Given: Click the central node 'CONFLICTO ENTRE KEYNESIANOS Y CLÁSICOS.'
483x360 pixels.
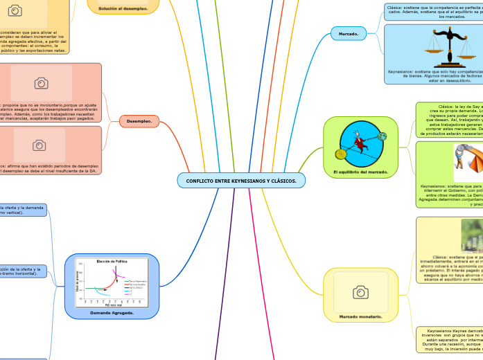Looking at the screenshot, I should [241, 181].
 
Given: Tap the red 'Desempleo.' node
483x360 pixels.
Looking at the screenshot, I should [140, 121].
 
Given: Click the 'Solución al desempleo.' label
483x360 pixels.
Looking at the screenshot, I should [123, 8].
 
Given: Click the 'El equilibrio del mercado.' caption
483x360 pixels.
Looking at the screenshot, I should [360, 171].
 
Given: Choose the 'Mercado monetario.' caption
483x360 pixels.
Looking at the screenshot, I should [360, 316].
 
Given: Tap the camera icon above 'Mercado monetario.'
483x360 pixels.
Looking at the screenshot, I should [360, 293].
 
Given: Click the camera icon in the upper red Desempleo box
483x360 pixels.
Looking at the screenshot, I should [41, 82].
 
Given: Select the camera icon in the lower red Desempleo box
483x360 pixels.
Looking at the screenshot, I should [39, 145].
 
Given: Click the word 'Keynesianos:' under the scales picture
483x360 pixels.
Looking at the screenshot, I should [403, 71].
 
